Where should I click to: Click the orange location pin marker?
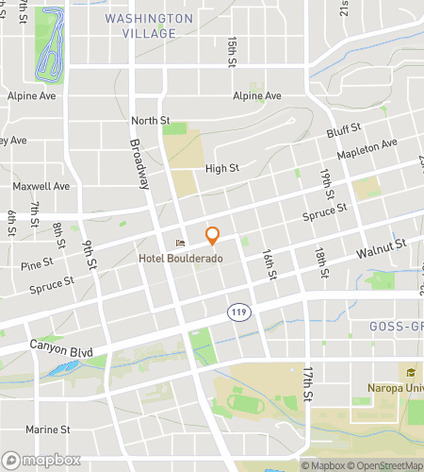click(212, 235)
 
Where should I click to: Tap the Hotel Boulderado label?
click(180, 258)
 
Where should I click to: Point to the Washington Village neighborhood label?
click(141, 25)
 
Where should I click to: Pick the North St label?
click(150, 120)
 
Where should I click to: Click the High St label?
click(222, 169)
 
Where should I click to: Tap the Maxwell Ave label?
click(42, 186)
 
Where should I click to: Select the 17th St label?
click(307, 385)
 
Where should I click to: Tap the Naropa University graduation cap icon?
click(410, 371)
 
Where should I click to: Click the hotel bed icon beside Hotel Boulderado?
click(180, 243)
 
